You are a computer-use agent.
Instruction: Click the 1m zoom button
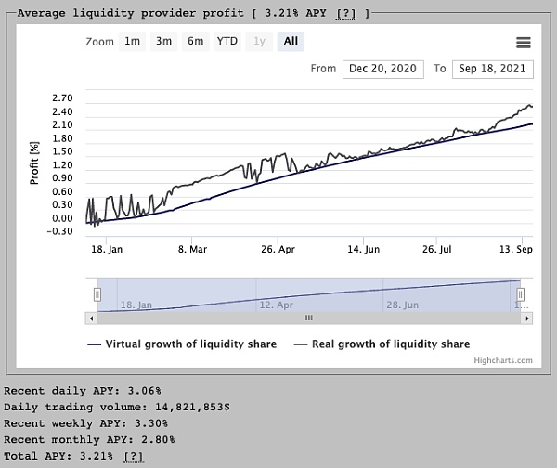click(133, 42)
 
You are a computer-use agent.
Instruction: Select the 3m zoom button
click(164, 42)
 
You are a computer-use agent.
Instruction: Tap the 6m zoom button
click(195, 42)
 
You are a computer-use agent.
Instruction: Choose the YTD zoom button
click(227, 42)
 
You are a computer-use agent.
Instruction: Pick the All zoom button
click(291, 42)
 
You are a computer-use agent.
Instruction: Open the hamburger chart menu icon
click(523, 43)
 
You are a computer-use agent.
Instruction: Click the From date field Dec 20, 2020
click(383, 69)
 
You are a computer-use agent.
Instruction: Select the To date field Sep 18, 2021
click(492, 69)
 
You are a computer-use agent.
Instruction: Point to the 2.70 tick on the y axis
click(63, 97)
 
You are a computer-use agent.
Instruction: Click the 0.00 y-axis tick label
click(63, 218)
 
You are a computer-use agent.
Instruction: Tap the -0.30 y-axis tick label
click(61, 231)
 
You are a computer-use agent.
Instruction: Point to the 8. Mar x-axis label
click(194, 249)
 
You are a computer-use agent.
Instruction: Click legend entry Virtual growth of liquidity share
click(190, 344)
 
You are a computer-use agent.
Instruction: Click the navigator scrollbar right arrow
click(527, 318)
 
